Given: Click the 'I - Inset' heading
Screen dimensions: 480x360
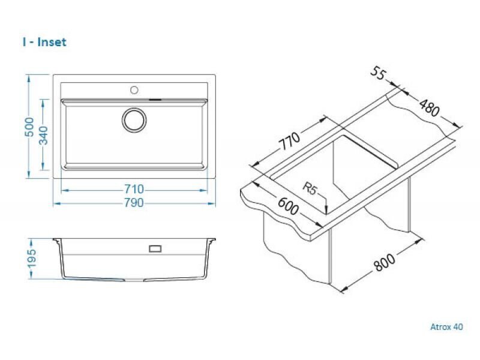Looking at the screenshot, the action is tap(44, 42).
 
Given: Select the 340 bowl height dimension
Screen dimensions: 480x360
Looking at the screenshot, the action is tap(44, 136).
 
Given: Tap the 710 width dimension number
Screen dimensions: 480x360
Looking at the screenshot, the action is tap(134, 189).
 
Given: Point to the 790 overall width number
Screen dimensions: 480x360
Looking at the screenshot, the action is tap(134, 203).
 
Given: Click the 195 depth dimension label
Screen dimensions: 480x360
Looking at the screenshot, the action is tap(32, 258).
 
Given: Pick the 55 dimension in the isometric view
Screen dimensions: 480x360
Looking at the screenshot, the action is tap(379, 73).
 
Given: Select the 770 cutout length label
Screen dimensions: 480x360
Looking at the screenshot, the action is tap(290, 140).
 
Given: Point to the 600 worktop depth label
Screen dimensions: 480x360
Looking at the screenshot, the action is tap(288, 206).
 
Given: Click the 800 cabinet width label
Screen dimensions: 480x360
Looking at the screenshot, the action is tap(385, 262).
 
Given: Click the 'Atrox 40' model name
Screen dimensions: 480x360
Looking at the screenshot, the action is tap(446, 327).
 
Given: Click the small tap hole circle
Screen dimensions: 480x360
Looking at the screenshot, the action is tap(134, 90).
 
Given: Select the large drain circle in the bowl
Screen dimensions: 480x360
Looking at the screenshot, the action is tap(134, 120).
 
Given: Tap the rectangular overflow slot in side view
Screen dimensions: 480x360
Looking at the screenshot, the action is tap(155, 248).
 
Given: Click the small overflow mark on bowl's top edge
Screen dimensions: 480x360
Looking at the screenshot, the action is tap(155, 99).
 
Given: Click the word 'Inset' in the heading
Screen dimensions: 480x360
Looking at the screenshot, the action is tap(52, 42).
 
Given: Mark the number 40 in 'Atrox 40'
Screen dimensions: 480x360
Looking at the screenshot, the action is tap(458, 327).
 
